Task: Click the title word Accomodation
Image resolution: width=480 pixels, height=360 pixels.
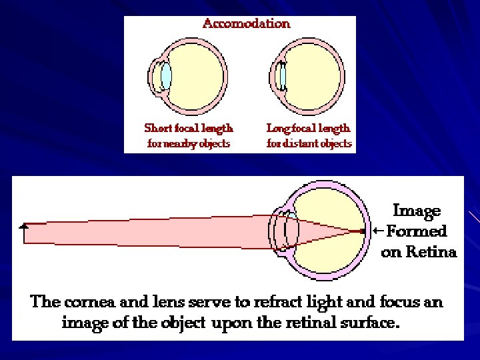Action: coord(246,24)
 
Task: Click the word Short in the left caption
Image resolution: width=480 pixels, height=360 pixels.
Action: coord(159,127)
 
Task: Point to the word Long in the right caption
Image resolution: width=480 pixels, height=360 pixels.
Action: coord(279,127)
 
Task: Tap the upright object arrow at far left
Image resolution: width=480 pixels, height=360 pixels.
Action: coord(25,231)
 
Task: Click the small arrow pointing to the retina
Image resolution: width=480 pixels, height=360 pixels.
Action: coord(378,231)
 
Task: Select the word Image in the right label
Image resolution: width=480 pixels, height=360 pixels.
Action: coord(417,211)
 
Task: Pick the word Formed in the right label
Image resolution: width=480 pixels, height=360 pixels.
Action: coord(417,231)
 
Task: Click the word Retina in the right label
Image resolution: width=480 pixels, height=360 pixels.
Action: coord(433,252)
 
